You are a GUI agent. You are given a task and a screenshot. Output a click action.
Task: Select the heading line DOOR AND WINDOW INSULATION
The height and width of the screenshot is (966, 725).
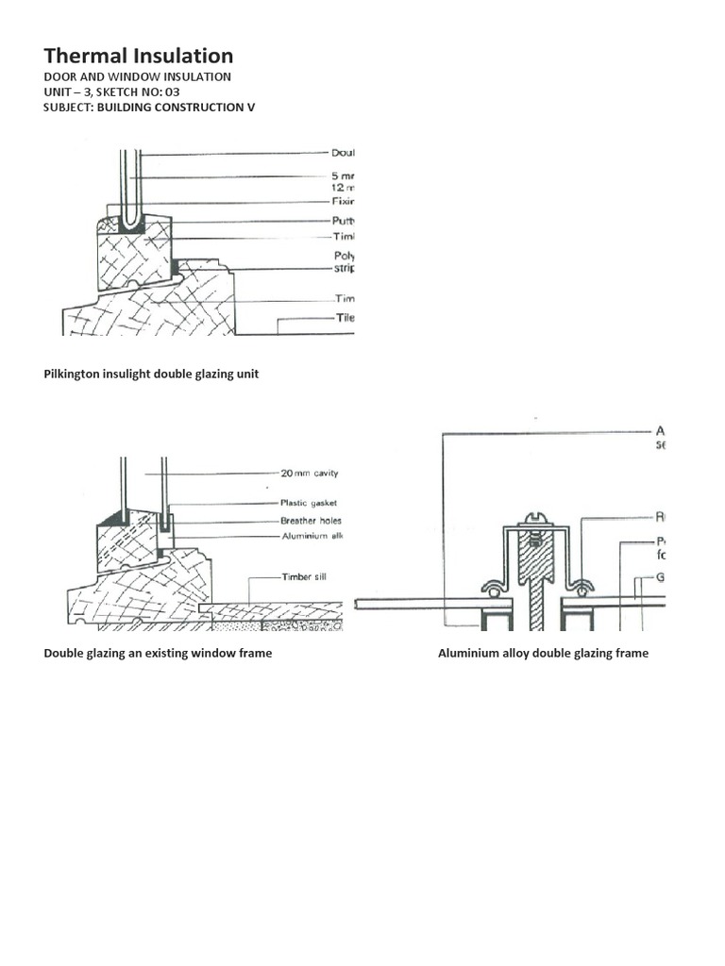click(137, 76)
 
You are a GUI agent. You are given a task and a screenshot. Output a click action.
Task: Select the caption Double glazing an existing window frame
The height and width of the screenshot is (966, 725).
click(158, 653)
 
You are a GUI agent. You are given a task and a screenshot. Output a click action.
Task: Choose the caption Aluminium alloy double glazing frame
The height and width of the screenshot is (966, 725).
click(543, 653)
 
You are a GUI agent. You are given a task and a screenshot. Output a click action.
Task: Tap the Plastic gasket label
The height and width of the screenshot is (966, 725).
click(308, 504)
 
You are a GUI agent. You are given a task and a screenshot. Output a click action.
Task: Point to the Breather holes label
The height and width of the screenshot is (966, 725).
click(311, 520)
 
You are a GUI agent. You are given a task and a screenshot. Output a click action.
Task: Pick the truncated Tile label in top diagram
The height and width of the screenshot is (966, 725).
click(345, 318)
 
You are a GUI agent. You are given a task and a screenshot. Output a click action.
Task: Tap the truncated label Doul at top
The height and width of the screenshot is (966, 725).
click(342, 153)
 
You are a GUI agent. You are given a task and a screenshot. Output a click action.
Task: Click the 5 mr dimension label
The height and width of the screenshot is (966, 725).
click(342, 175)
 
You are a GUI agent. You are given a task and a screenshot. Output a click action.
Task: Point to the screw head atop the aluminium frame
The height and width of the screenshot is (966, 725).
click(534, 520)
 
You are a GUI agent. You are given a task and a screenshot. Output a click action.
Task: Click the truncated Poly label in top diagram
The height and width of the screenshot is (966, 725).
click(343, 255)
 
